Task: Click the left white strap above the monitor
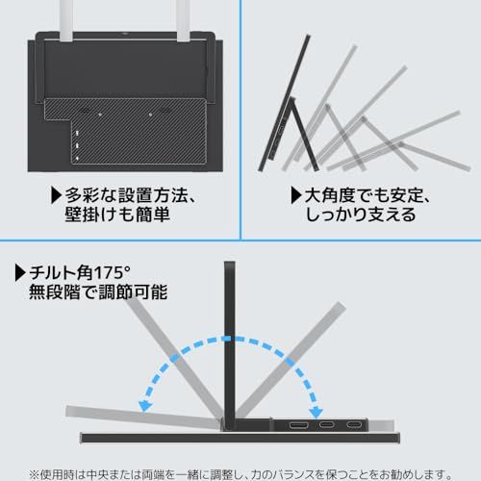[66, 20]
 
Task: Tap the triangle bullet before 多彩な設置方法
[56, 195]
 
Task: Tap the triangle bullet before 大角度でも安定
[296, 195]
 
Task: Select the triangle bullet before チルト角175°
[20, 273]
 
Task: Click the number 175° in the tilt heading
[113, 273]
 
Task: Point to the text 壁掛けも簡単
[117, 215]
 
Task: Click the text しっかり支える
[361, 215]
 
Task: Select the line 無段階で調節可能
[98, 292]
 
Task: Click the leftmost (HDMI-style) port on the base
[298, 425]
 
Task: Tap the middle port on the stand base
[326, 425]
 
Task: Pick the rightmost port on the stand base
[354, 425]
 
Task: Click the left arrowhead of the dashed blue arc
[145, 406]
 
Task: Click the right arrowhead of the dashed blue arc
[316, 413]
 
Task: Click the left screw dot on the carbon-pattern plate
[100, 114]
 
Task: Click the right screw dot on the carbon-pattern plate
[150, 114]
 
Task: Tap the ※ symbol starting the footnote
[34, 474]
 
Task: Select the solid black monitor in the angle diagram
[285, 103]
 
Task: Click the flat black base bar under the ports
[240, 438]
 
